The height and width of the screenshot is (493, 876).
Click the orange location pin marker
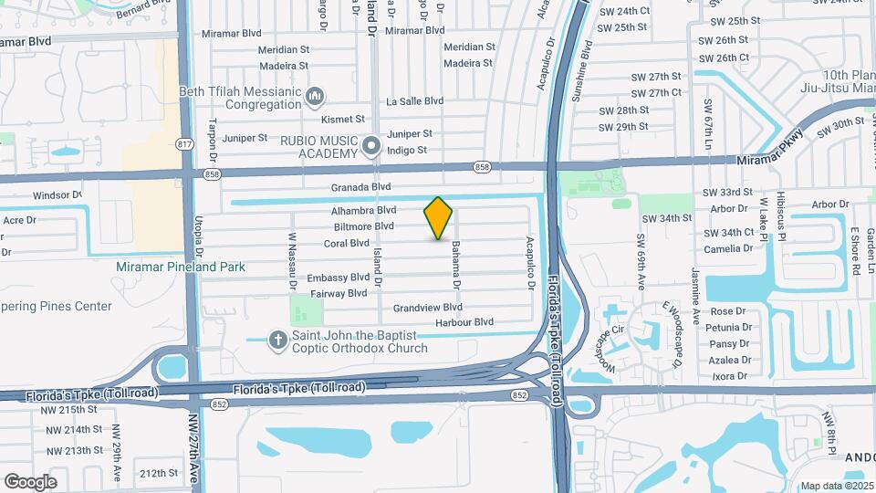pyautogui.click(x=438, y=218)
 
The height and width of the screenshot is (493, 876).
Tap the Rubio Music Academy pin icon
pyautogui.click(x=370, y=145)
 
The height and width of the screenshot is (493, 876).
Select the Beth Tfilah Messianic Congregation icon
pyautogui.click(x=315, y=95)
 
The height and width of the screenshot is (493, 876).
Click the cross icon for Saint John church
pyautogui.click(x=278, y=341)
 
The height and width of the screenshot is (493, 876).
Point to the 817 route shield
pyautogui.click(x=185, y=144)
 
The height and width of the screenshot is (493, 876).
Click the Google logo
pyautogui.click(x=30, y=481)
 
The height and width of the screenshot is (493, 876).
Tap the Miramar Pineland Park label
pyautogui.click(x=181, y=267)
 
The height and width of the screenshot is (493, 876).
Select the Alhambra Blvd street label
pyautogui.click(x=363, y=210)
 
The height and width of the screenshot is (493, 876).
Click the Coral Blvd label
pyautogui.click(x=347, y=244)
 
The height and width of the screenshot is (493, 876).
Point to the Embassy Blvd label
pyautogui.click(x=339, y=278)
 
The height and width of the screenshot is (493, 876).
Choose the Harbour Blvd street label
pyautogui.click(x=464, y=322)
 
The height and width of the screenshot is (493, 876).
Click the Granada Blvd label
pyautogui.click(x=360, y=187)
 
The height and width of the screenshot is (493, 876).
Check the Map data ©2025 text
pyautogui.click(x=835, y=486)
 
